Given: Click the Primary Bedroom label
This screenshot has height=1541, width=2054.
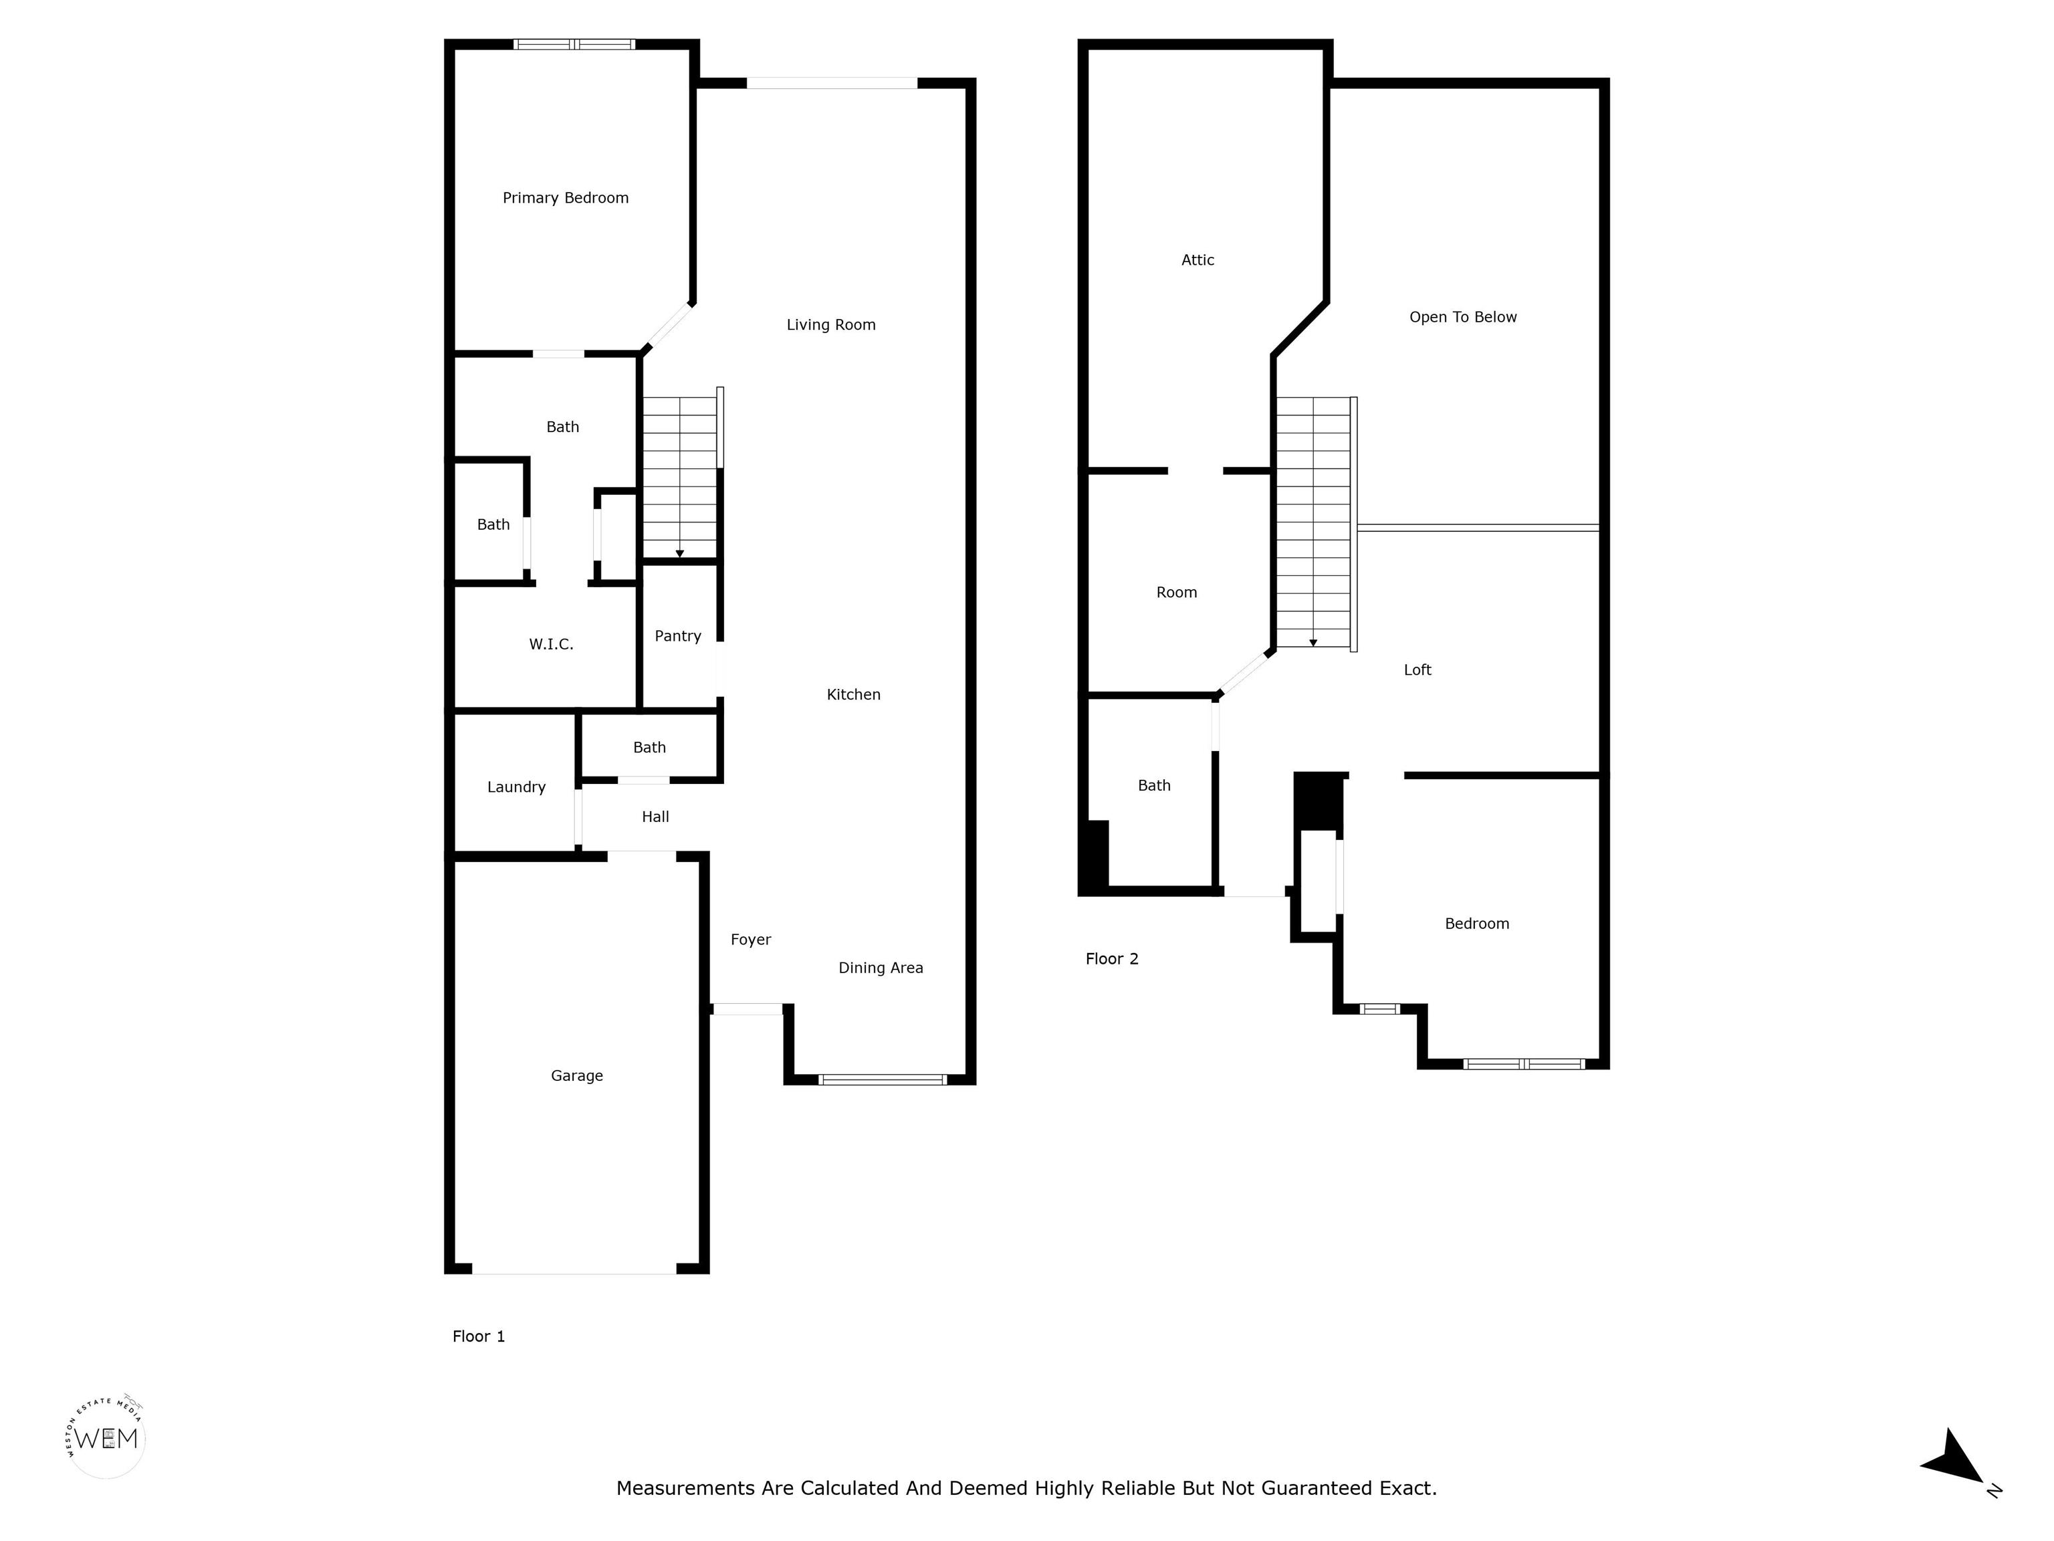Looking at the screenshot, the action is [566, 198].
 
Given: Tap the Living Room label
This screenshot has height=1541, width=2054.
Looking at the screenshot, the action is [831, 325].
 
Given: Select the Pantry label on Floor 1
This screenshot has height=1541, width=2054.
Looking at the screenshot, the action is [678, 636].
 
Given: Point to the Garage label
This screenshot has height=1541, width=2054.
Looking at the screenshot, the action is [576, 1075].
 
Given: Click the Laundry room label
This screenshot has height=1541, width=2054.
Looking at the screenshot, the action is [516, 787].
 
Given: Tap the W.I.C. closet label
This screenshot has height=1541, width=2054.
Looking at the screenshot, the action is [552, 643].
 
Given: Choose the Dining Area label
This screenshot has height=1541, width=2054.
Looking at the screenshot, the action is [881, 968].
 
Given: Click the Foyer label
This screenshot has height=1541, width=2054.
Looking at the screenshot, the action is [750, 940].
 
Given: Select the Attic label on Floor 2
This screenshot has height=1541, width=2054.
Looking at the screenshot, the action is [1198, 260].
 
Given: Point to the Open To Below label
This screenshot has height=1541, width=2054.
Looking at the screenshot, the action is [1462, 317].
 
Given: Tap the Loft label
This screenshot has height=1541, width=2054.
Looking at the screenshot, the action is [1417, 670].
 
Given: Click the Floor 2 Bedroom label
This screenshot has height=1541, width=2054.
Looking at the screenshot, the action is [1476, 923].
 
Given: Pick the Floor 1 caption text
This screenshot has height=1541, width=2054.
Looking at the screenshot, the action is [478, 1336].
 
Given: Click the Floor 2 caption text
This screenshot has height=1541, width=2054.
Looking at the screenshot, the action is [1111, 958].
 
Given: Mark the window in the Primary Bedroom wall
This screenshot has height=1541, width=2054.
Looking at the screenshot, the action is [574, 43].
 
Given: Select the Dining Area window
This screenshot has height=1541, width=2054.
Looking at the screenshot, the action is [882, 1080].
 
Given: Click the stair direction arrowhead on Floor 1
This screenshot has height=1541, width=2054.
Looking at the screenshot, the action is [680, 554].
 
